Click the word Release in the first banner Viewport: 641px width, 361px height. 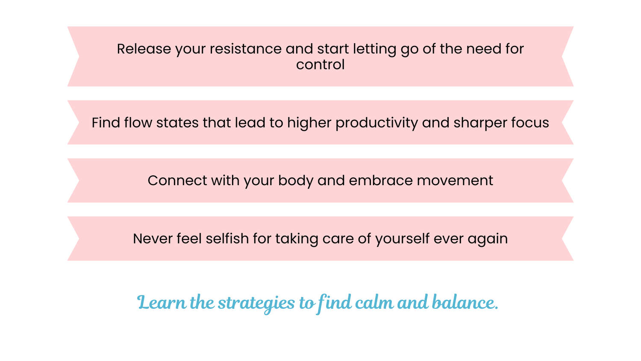point(144,49)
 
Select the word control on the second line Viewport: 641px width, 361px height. point(320,65)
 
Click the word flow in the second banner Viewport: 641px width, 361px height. point(138,122)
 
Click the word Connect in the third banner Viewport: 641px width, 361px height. point(177,180)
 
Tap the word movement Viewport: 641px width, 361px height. point(455,180)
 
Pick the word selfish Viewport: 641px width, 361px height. point(227,239)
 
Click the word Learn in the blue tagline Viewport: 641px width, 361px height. point(162,302)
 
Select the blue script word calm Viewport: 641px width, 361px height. point(374,302)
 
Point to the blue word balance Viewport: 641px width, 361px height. point(465,302)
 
